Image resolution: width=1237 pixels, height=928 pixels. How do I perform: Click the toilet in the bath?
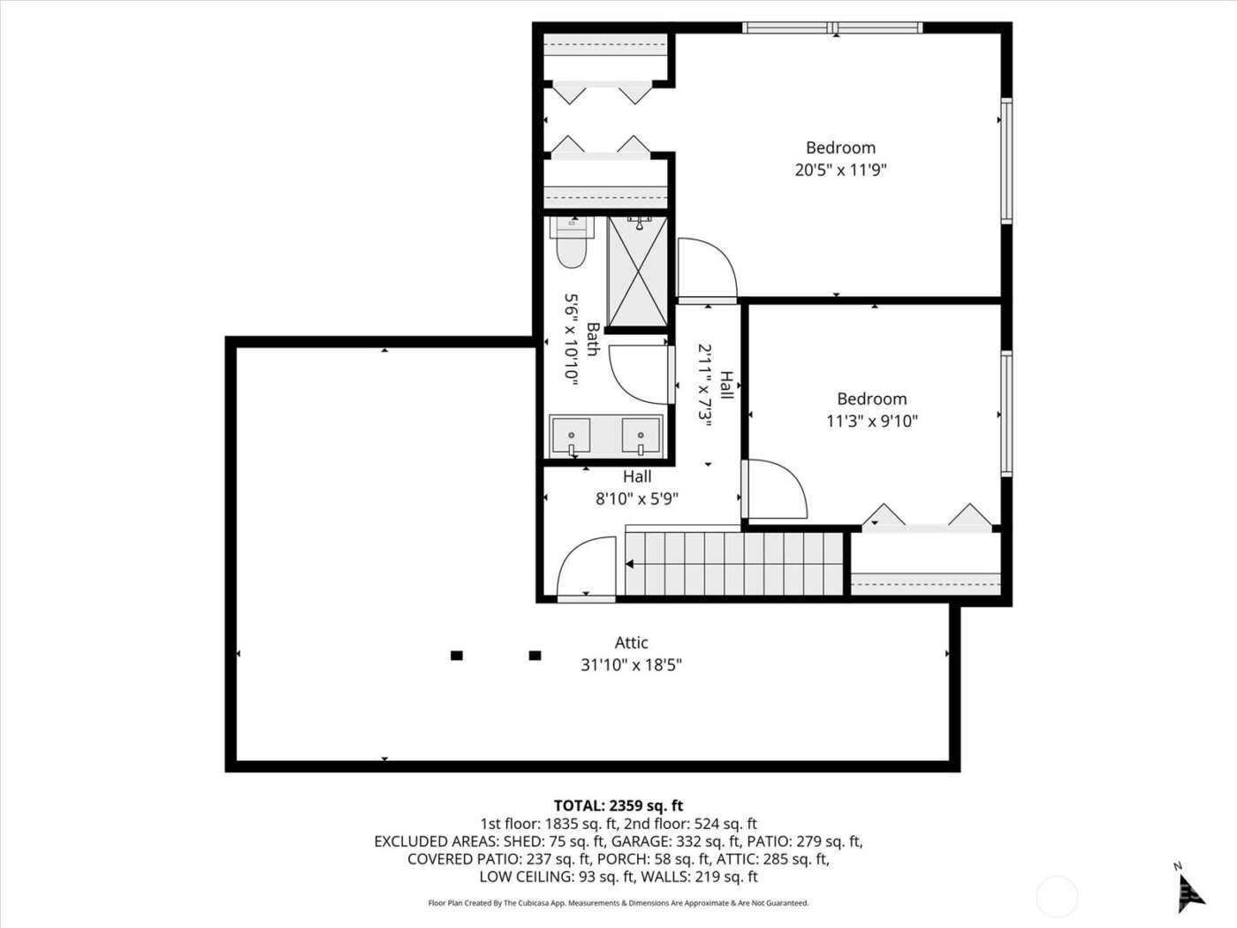pos(570,243)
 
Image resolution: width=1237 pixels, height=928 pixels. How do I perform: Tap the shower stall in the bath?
pos(637,271)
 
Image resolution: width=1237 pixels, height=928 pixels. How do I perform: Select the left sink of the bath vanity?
pos(573,436)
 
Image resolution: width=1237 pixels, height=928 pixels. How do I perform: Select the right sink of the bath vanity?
pos(641,436)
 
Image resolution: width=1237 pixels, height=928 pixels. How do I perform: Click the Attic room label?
pos(631,643)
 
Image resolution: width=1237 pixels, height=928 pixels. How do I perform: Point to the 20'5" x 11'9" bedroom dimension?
pos(840,170)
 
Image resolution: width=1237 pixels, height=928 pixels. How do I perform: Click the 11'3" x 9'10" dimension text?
pos(871,422)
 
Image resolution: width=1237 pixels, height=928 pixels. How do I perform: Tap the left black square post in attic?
pos(457,655)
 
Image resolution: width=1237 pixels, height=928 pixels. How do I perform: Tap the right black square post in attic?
pos(535,655)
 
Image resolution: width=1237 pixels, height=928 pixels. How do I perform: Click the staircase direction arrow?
pos(631,564)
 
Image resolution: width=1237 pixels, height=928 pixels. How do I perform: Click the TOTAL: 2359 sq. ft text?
pos(618,805)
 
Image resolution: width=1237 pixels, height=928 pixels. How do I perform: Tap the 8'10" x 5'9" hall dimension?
pos(636,498)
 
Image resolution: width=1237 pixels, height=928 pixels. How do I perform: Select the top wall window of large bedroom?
pos(833,28)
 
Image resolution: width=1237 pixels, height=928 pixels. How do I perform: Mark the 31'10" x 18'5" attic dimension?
pos(631,665)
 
